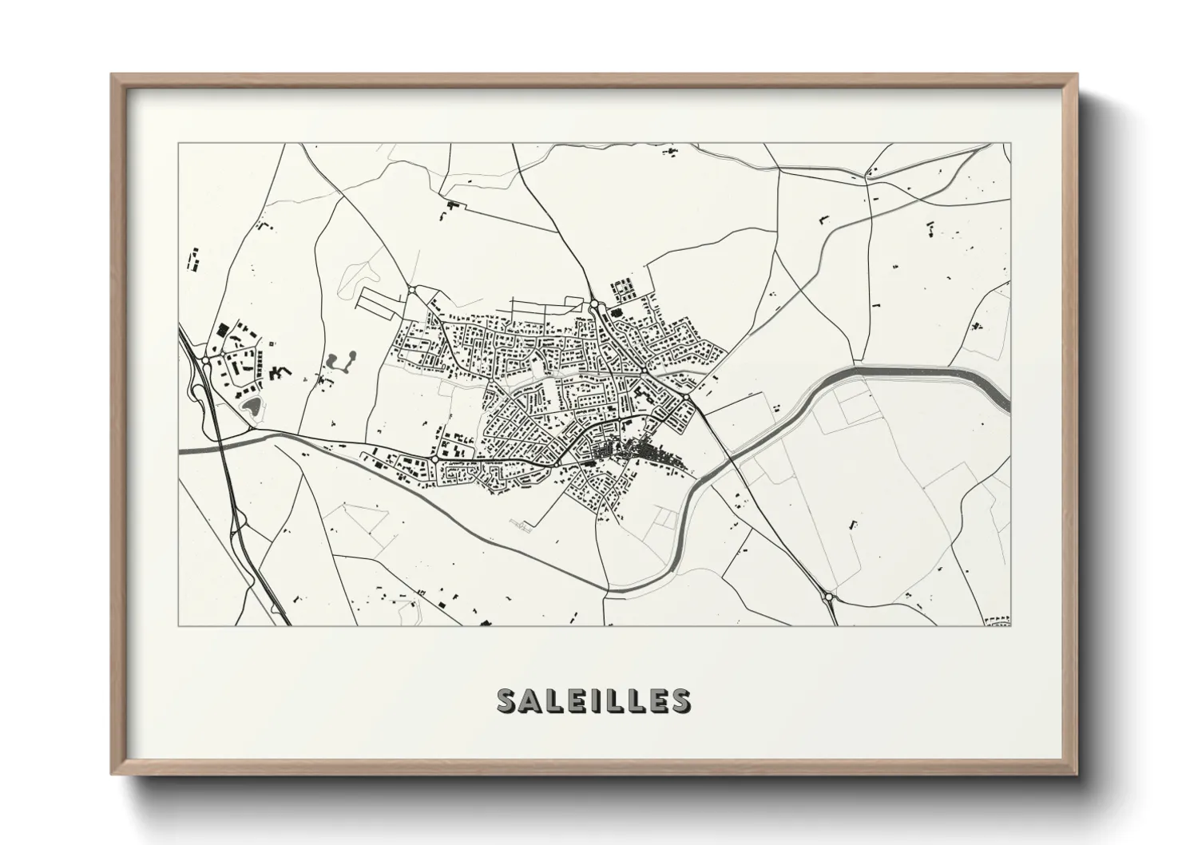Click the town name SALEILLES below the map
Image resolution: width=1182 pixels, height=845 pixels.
(x=593, y=700)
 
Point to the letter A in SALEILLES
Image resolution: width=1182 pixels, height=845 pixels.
(x=531, y=700)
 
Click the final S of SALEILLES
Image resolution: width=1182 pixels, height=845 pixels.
(x=680, y=700)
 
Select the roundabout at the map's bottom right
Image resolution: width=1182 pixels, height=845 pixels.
(x=829, y=596)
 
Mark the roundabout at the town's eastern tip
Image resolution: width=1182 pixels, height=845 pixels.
(x=686, y=397)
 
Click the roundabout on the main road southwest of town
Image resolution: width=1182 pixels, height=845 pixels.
(x=433, y=461)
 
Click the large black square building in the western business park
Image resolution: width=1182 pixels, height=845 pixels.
(x=222, y=327)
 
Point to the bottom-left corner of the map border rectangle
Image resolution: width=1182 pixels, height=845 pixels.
(x=178, y=625)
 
